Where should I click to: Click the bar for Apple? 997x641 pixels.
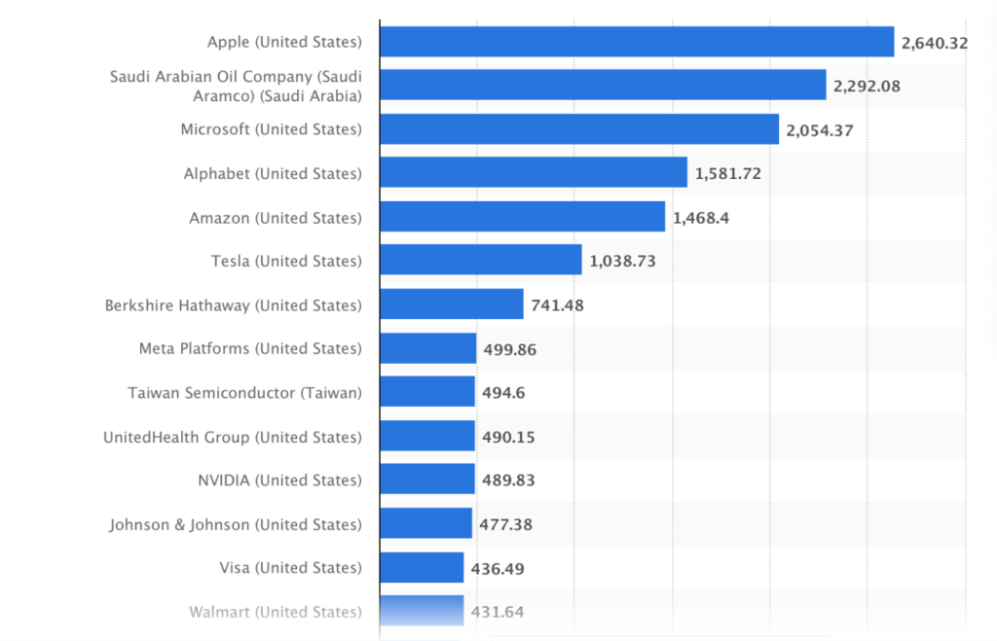(637, 42)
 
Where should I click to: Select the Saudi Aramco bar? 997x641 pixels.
(603, 86)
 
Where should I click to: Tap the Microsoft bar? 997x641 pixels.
(579, 129)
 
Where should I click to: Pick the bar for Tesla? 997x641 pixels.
(481, 261)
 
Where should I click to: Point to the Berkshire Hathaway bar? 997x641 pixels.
(452, 304)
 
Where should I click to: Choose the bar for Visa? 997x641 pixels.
(422, 567)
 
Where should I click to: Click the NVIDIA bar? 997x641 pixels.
(427, 480)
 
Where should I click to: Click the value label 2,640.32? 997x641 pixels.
(934, 42)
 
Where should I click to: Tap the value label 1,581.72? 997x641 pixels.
(727, 174)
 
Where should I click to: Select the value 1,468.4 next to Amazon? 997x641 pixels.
(701, 218)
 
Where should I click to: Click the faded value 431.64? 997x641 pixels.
(498, 612)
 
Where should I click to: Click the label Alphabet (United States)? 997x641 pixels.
(273, 174)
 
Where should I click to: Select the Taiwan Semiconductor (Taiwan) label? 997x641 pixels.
(244, 393)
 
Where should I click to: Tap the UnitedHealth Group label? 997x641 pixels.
(233, 437)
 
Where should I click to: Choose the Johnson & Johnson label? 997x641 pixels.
(236, 524)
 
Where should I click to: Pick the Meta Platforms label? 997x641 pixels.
(250, 348)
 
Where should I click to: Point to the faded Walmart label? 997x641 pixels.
(276, 612)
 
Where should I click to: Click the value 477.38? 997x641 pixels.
(506, 524)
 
